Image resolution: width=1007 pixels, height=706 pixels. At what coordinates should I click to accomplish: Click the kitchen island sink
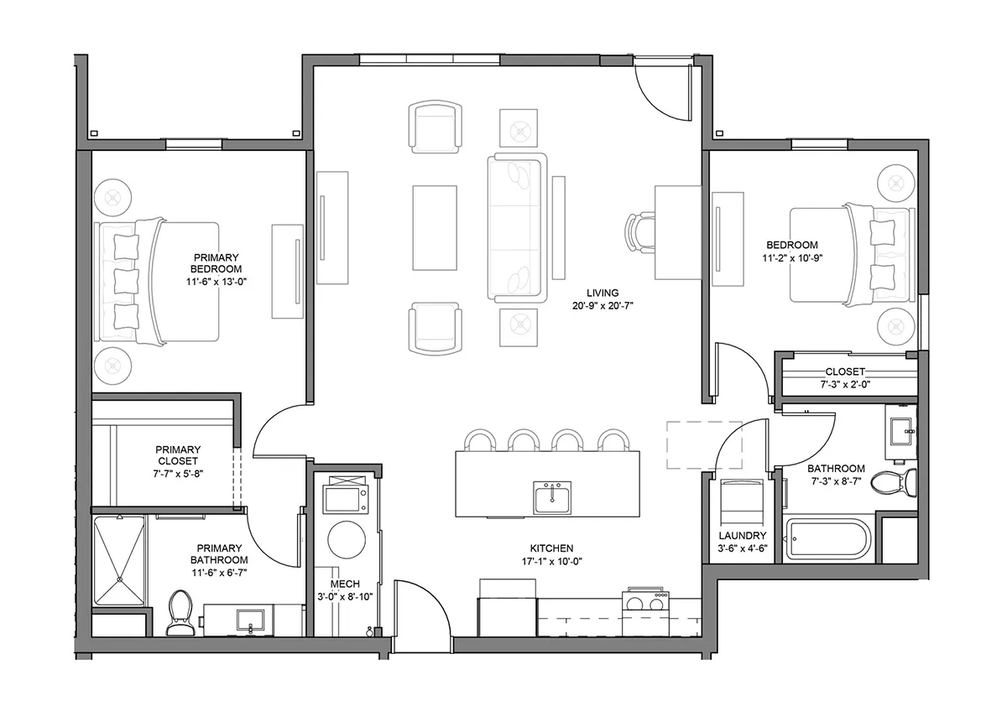552,497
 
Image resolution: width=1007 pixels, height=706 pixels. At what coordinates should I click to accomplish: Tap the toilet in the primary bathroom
180,613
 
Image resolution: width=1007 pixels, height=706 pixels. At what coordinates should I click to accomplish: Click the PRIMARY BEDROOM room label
217,263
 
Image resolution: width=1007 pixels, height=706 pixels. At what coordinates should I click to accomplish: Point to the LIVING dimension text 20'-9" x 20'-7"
603,306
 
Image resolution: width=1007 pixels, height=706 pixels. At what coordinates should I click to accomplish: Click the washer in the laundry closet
742,501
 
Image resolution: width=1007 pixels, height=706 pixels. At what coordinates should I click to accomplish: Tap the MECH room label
345,584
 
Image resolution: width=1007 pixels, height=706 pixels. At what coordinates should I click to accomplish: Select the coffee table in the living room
435,228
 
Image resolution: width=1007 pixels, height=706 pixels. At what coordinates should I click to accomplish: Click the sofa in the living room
517,228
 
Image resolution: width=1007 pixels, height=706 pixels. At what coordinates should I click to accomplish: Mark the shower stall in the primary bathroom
120,561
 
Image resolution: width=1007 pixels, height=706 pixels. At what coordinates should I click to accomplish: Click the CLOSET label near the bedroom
845,371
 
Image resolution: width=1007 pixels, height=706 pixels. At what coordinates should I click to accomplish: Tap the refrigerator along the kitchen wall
508,608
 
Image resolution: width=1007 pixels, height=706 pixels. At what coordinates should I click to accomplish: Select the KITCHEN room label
551,548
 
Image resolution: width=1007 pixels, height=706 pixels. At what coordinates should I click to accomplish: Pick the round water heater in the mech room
347,540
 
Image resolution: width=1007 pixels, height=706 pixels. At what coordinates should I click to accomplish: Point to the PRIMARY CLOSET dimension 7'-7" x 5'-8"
178,474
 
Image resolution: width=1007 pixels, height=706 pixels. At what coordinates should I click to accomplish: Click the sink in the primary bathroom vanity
250,620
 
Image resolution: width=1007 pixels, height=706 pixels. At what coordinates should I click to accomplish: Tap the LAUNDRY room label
742,536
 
